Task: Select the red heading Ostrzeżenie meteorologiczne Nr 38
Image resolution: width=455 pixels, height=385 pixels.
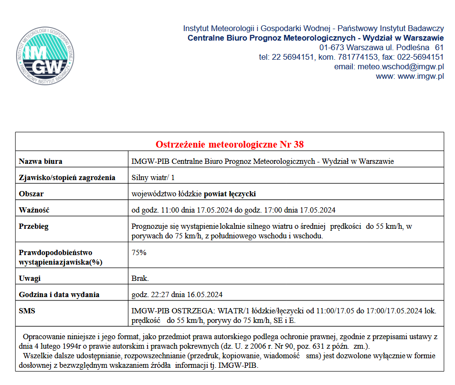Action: pos(230,144)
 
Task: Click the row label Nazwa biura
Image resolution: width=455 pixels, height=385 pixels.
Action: pos(41,161)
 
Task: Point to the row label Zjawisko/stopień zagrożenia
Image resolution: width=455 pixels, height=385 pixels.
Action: pos(67,178)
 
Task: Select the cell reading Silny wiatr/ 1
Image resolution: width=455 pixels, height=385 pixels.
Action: pos(153,178)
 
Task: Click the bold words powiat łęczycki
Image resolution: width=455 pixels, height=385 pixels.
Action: pos(231,194)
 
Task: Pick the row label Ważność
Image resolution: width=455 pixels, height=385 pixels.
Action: pos(34,210)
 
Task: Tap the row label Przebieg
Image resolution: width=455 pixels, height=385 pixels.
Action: pos(34,226)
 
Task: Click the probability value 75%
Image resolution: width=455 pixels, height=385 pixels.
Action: pos(139,252)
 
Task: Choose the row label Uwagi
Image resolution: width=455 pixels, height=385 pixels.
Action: pos(30,278)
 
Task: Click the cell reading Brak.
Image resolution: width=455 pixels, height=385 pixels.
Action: pos(140,278)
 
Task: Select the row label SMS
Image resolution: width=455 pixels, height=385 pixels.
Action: pos(27,311)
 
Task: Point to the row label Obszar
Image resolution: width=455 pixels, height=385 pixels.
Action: pos(32,194)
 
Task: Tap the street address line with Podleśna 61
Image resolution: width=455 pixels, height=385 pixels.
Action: pos(381,48)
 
